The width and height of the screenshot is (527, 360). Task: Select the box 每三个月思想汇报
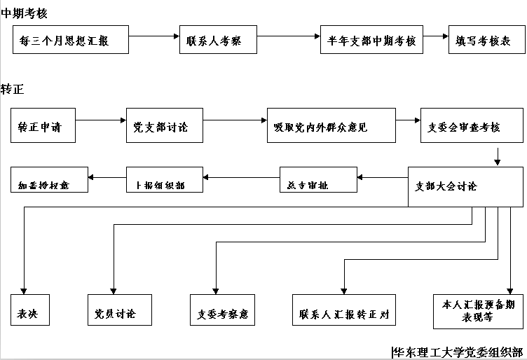pos(71,41)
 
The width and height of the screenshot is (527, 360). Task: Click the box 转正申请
pos(43,127)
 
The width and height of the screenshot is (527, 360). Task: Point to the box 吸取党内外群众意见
pos(330,127)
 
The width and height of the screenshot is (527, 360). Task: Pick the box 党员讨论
pos(119,312)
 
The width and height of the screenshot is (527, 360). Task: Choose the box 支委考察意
pos(223,312)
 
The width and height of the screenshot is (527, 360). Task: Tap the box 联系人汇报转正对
pos(343,312)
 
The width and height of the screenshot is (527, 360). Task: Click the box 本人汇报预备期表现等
pos(478,310)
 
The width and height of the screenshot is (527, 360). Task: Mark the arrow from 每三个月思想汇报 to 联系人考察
pos(154,35)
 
